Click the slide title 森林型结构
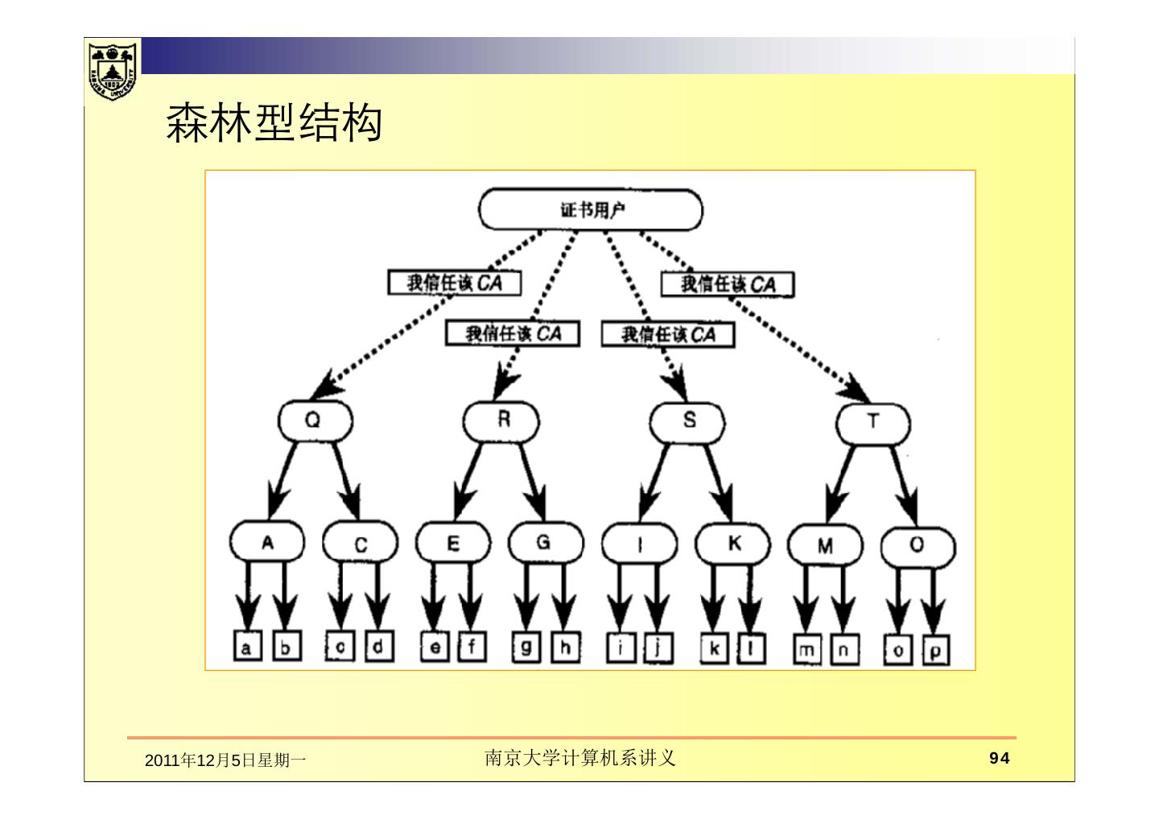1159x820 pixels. [274, 123]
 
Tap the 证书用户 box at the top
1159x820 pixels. [590, 210]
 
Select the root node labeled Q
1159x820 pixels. [314, 421]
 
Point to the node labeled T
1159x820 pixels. [872, 423]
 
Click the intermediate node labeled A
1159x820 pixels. [267, 542]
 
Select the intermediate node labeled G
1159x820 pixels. [545, 542]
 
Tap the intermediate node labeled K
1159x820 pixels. [732, 544]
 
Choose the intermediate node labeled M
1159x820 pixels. [824, 545]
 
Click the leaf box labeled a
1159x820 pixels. [247, 648]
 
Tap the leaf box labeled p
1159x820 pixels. [935, 650]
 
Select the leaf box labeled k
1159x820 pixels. [713, 648]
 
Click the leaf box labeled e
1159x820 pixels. [435, 647]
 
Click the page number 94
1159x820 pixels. [999, 758]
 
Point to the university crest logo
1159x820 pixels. [112, 70]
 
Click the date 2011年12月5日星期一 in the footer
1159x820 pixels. [225, 760]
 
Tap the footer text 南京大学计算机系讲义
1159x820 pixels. [579, 758]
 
